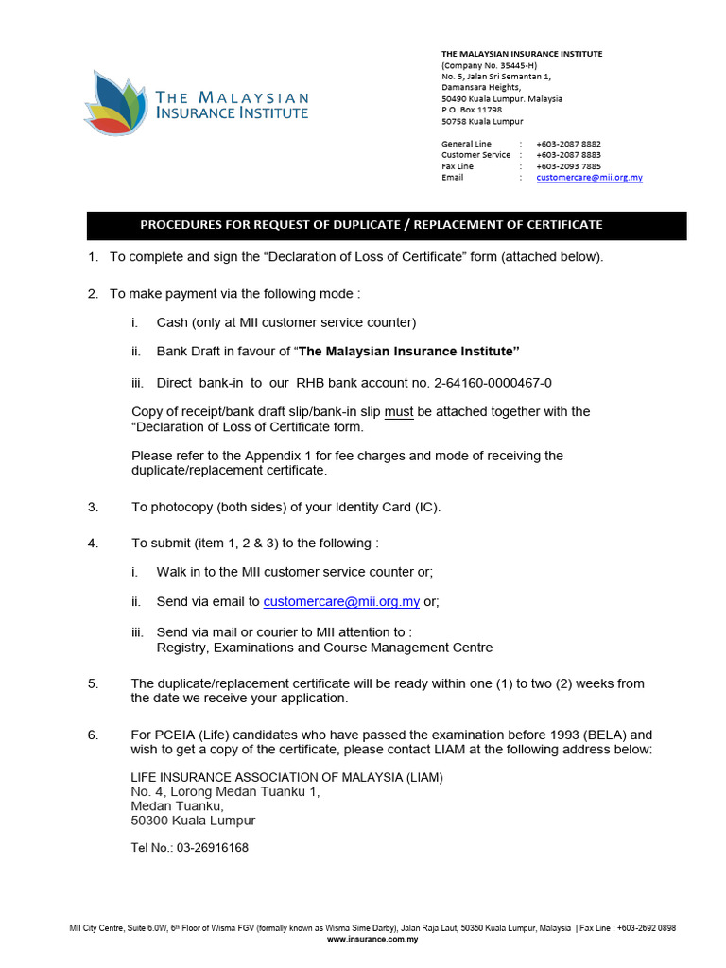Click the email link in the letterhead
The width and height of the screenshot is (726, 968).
(x=589, y=177)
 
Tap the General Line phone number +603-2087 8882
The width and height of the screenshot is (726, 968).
(x=568, y=144)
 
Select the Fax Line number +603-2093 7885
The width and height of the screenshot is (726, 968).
(x=568, y=165)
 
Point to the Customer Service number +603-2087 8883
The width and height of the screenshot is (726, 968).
(x=568, y=155)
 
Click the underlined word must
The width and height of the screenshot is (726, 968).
(x=399, y=411)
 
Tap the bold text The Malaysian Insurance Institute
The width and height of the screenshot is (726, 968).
(x=409, y=352)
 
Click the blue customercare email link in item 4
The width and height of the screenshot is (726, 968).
(x=341, y=601)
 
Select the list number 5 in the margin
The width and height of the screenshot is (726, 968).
(x=93, y=683)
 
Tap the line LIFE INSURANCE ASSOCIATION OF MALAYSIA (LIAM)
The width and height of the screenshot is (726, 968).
(x=286, y=777)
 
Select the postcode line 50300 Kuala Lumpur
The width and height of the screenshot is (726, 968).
(x=193, y=821)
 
